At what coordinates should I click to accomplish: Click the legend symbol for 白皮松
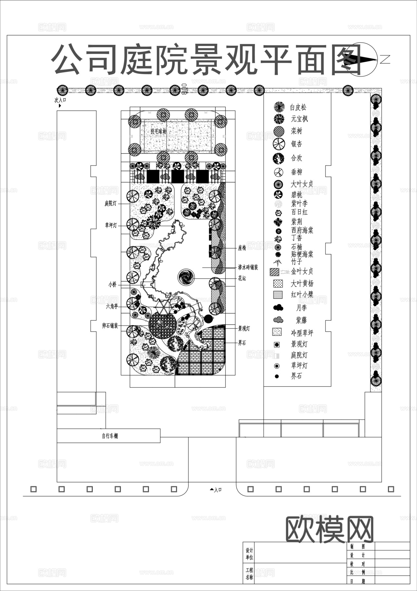click(279, 107)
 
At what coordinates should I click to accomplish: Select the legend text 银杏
click(296, 144)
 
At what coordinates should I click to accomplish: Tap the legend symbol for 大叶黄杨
click(278, 283)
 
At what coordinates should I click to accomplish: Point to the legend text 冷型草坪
click(302, 333)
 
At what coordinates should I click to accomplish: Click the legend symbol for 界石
click(277, 376)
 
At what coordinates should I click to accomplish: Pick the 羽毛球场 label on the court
click(158, 131)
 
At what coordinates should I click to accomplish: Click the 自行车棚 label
click(110, 436)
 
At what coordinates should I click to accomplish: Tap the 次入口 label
click(60, 100)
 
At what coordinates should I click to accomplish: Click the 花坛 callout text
click(242, 278)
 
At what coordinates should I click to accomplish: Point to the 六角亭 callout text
click(112, 307)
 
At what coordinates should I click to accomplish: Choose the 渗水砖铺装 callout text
click(248, 267)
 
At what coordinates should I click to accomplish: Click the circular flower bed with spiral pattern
click(186, 277)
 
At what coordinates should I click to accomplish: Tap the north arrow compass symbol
click(363, 59)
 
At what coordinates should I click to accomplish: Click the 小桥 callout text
click(112, 285)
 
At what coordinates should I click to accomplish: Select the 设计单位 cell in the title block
click(249, 554)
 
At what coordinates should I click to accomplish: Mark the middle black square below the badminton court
click(178, 176)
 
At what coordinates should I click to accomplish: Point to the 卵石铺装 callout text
click(110, 326)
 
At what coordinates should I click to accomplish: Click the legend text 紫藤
click(301, 320)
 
